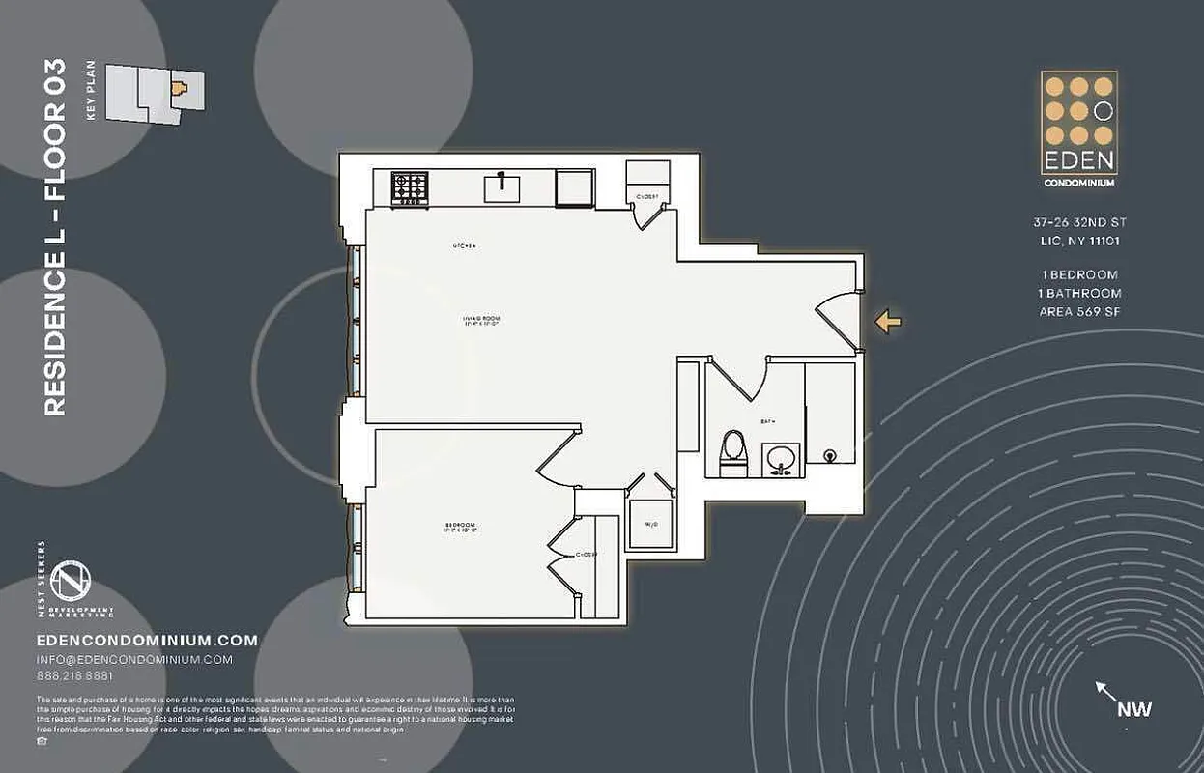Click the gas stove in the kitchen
click(x=410, y=187)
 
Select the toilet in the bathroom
click(x=733, y=453)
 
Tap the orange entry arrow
click(x=888, y=323)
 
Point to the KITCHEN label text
click(x=465, y=246)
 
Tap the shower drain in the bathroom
click(x=829, y=455)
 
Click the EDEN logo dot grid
click(x=1078, y=110)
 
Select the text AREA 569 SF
click(x=1079, y=311)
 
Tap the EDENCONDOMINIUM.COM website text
click(x=147, y=640)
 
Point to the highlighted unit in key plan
click(x=178, y=89)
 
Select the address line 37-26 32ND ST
click(x=1079, y=222)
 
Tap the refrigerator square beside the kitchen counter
click(x=574, y=186)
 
